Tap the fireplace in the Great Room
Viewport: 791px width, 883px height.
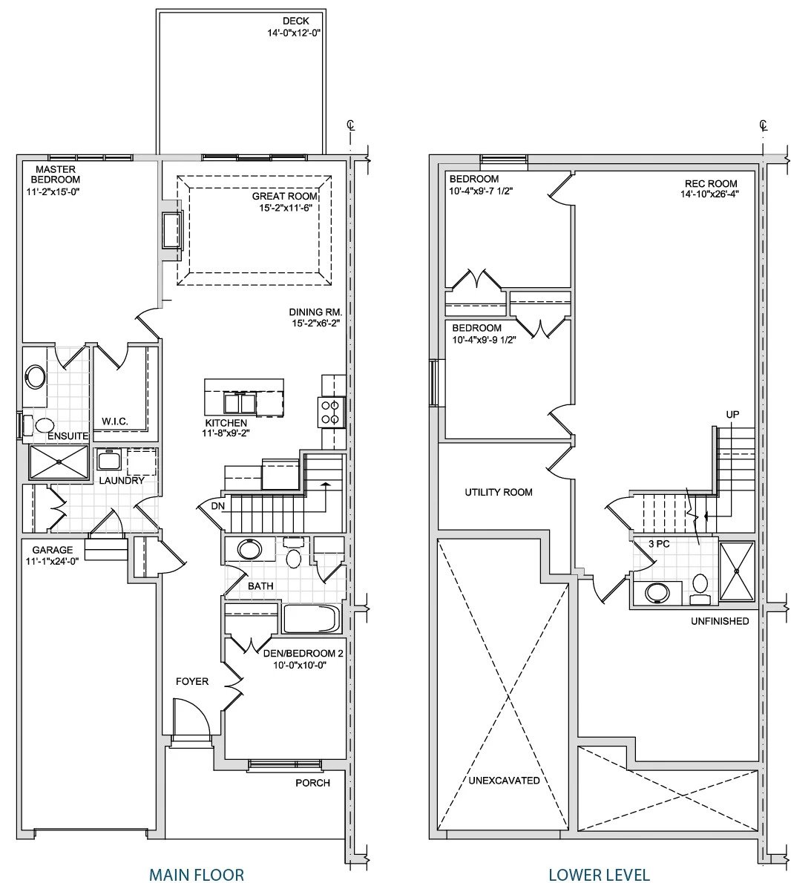172,230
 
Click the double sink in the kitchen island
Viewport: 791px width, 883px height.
240,403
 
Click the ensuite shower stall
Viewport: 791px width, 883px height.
59,462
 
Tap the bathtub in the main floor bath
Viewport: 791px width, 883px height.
312,619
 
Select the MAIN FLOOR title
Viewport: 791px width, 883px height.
197,874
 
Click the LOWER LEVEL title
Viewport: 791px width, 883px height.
599,874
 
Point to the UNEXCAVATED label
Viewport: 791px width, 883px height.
504,780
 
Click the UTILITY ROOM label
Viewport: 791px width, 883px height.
498,492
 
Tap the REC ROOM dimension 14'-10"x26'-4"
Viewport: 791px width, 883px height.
709,194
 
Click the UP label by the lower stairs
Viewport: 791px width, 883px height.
732,415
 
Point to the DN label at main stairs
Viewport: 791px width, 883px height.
218,506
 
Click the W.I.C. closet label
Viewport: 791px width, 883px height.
115,421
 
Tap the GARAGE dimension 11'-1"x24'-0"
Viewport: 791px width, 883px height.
52,560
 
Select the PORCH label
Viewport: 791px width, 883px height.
312,782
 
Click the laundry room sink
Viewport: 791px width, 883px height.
108,460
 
